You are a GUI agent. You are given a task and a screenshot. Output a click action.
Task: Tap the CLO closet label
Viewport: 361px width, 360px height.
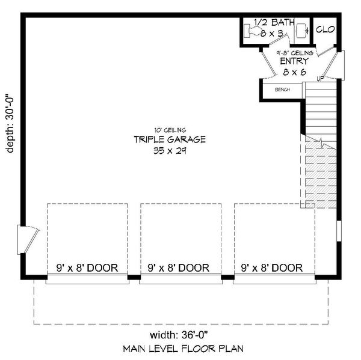[325, 29]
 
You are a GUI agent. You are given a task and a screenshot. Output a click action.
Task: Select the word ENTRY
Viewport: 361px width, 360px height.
[294, 61]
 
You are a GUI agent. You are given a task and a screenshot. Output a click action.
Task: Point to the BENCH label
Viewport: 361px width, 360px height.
[282, 90]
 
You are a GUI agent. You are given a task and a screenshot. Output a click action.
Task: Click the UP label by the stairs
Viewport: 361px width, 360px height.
[321, 78]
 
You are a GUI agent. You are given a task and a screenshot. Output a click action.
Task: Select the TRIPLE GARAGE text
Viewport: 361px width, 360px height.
[170, 140]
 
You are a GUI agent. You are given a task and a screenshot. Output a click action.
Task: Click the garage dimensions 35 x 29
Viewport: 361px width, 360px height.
[170, 151]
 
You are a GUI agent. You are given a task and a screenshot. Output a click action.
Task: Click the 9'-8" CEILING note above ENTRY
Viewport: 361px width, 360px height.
[294, 53]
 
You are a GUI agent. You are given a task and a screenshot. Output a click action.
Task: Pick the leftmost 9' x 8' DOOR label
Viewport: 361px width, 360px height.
[87, 267]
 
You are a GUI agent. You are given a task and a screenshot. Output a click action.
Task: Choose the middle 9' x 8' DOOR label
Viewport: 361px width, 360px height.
[180, 267]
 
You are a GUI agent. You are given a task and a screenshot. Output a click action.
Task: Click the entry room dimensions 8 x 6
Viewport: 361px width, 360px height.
[294, 72]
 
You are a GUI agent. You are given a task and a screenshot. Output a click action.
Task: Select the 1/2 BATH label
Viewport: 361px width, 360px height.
[274, 23]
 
